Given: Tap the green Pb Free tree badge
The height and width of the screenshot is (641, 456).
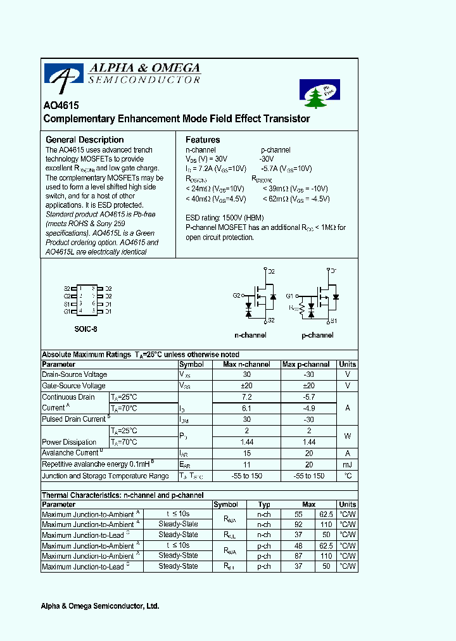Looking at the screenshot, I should pyautogui.click(x=319, y=94).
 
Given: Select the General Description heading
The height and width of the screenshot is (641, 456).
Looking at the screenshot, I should pyautogui.click(x=85, y=139).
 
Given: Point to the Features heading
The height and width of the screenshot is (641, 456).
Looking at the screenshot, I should pyautogui.click(x=203, y=139).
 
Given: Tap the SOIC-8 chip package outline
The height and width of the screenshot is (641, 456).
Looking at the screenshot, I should pyautogui.click(x=87, y=300).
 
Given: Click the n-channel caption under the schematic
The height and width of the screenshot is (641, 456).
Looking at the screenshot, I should pyautogui.click(x=250, y=335).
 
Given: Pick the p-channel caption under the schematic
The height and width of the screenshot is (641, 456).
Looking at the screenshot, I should pyautogui.click(x=317, y=335).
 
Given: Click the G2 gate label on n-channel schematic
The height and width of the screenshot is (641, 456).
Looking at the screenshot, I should pyautogui.click(x=236, y=295).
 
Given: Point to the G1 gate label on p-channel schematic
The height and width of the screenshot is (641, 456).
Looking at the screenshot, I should pyautogui.click(x=289, y=296).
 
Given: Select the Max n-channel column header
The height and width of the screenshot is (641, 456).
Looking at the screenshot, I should pyautogui.click(x=246, y=364).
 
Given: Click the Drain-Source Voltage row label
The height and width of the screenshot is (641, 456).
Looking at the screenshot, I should pyautogui.click(x=74, y=374).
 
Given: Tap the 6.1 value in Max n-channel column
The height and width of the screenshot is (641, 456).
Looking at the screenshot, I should pyautogui.click(x=246, y=409).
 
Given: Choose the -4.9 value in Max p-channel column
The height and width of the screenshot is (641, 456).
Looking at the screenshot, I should pyautogui.click(x=308, y=409).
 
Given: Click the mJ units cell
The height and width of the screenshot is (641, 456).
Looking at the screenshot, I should pyautogui.click(x=347, y=464).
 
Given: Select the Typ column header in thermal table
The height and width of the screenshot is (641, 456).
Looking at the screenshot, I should pyautogui.click(x=264, y=504).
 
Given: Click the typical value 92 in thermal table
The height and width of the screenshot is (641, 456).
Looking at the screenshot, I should pyautogui.click(x=300, y=524).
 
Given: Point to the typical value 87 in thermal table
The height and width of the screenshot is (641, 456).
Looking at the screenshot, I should pyautogui.click(x=300, y=556).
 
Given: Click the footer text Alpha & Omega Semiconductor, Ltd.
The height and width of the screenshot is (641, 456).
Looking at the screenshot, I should pyautogui.click(x=100, y=606).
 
